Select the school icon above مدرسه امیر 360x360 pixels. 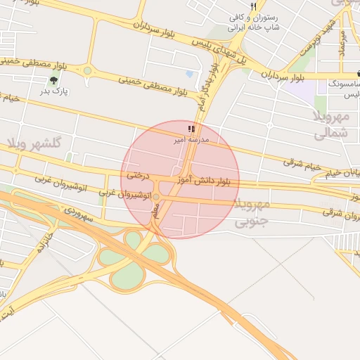191,129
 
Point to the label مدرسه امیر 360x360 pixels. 191,141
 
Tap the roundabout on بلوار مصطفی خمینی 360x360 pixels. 88,70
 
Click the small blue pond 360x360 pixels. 189,73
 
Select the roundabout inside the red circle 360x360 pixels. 156,196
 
